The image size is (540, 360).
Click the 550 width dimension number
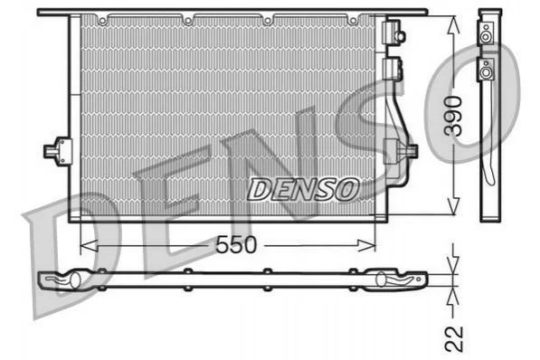(x=236, y=245)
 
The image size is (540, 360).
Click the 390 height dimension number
(x=453, y=116)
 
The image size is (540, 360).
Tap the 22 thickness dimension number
(x=454, y=338)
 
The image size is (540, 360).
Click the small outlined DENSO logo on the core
(x=303, y=189)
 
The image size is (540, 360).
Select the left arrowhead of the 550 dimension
(x=89, y=246)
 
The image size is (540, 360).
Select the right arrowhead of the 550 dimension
(x=366, y=246)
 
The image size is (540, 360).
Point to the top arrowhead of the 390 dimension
(x=453, y=24)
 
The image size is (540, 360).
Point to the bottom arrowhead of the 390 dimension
(x=453, y=206)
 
